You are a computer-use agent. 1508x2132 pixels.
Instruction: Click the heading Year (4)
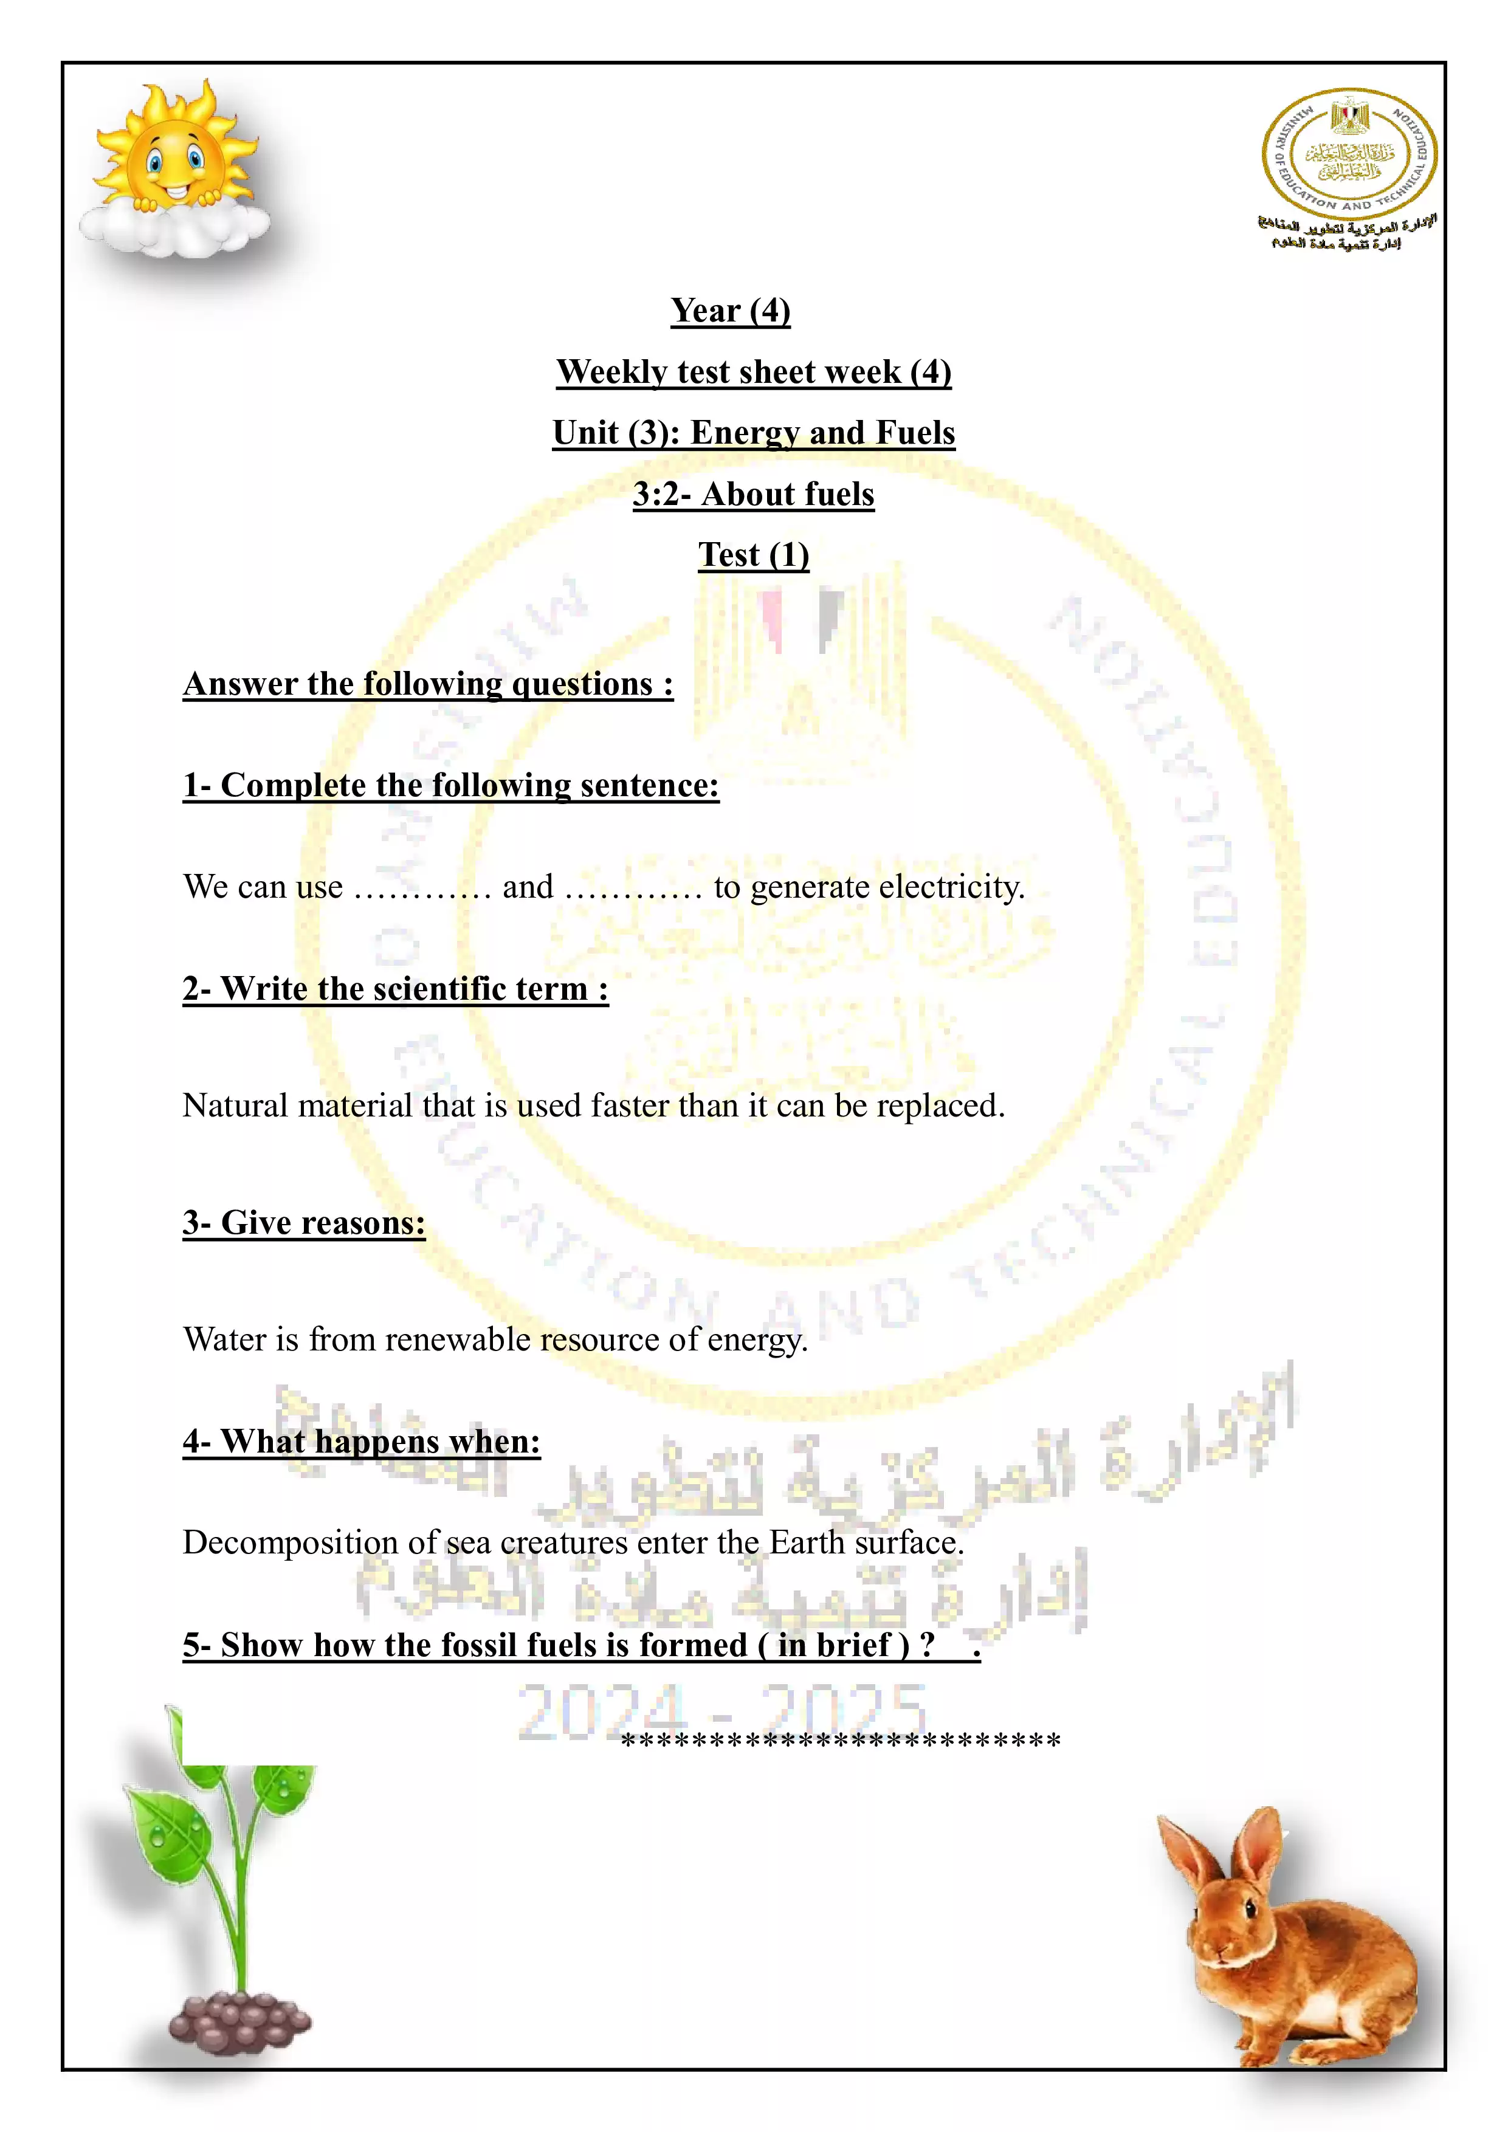(x=730, y=311)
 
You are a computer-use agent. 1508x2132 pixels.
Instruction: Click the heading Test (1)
(x=753, y=555)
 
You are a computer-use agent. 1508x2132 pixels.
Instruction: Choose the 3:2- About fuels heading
(x=753, y=495)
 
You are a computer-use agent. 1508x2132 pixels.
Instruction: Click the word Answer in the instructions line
(x=239, y=684)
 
